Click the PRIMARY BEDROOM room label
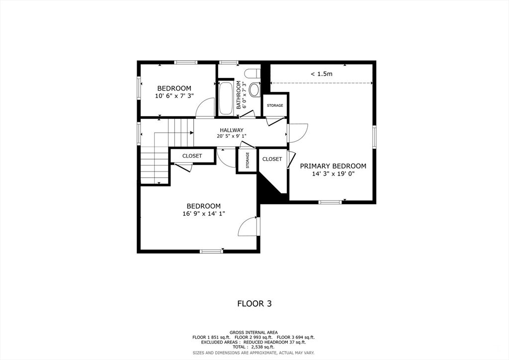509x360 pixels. [333, 166]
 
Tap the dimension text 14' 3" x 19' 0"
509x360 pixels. [333, 174]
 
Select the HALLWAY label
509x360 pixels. [231, 130]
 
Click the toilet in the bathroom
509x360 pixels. [254, 90]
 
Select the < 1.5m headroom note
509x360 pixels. [321, 74]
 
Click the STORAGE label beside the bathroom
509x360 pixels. [275, 105]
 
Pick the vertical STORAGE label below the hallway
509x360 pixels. [247, 160]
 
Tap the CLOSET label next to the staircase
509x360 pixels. [192, 156]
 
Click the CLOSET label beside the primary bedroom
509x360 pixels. [272, 159]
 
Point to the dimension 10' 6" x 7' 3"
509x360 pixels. [174, 95]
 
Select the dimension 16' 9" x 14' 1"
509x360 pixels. [203, 214]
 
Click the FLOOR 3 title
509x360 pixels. [254, 303]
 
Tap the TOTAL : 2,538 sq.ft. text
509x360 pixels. [254, 347]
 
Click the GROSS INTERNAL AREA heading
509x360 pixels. [254, 332]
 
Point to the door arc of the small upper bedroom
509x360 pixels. [205, 108]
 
